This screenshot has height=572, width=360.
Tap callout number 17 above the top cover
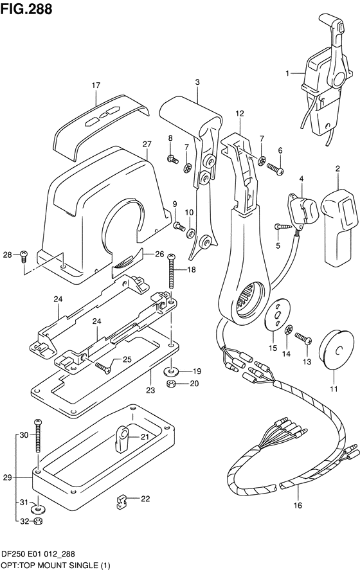coord(96,85)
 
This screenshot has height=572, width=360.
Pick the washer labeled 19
coord(171,371)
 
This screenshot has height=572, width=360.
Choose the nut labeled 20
coord(171,384)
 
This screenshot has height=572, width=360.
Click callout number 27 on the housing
coord(146,143)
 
